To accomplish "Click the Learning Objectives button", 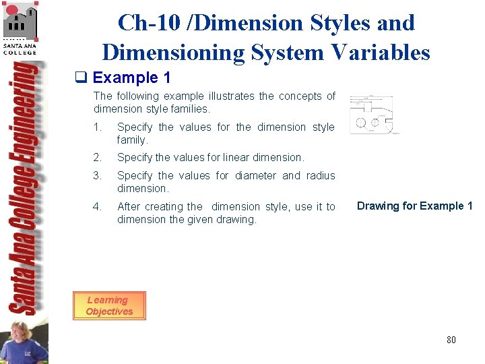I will [x=109, y=305].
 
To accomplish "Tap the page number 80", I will [x=451, y=340].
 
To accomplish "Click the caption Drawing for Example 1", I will [x=414, y=206].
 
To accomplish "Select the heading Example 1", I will [x=131, y=78].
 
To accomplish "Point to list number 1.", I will [x=97, y=127].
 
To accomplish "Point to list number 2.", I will [x=97, y=157].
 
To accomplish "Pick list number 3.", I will [x=97, y=175].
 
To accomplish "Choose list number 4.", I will [x=97, y=206].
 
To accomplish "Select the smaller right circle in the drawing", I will [x=375, y=123].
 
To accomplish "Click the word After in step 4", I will [x=130, y=206].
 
